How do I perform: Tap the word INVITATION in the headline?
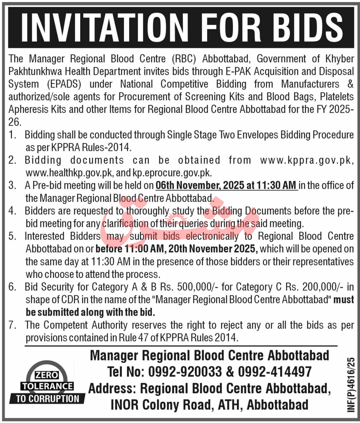pos(104,27)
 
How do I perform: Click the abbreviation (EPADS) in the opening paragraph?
pos(64,84)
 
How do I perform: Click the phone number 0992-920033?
pos(185,372)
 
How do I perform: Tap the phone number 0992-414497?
pos(275,372)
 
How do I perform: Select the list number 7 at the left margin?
pos(12,325)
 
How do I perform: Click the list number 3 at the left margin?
pos(12,186)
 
